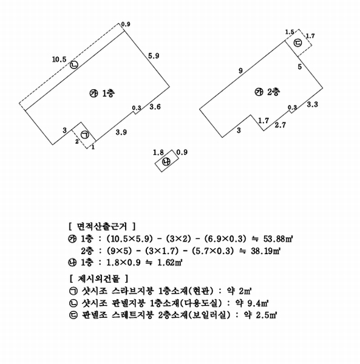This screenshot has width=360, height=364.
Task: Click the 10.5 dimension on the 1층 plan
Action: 59,59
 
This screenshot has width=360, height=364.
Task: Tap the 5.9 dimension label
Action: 154,56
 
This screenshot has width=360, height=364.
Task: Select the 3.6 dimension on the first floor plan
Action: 155,107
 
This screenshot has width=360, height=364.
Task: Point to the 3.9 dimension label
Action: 121,132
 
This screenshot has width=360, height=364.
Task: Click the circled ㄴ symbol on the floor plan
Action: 74,65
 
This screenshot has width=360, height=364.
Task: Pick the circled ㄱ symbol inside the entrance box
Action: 85,135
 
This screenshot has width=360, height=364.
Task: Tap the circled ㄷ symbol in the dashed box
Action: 297,42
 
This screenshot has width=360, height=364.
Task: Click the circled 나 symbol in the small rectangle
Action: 166,161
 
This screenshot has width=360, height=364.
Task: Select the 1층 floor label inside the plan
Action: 109,93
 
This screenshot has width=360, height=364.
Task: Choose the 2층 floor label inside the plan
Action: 273,92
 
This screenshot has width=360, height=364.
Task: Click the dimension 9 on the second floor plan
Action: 240,70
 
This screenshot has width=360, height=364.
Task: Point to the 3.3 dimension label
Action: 313,104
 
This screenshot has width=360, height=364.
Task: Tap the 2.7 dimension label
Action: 280,125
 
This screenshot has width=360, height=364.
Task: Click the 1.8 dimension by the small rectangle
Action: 158,152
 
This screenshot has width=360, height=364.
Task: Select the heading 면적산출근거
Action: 102,226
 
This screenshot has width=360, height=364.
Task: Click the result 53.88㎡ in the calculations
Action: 277,239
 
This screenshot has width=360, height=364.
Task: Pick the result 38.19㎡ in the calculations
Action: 266,251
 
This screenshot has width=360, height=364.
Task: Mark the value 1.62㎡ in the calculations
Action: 170,263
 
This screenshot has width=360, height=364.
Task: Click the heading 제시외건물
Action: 99,278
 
